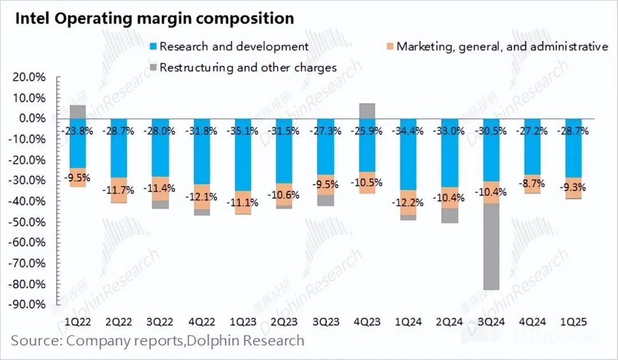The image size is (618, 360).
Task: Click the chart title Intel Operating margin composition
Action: tap(154, 18)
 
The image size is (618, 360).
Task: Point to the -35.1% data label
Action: tap(243, 130)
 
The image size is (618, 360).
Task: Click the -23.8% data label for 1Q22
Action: tap(78, 130)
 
